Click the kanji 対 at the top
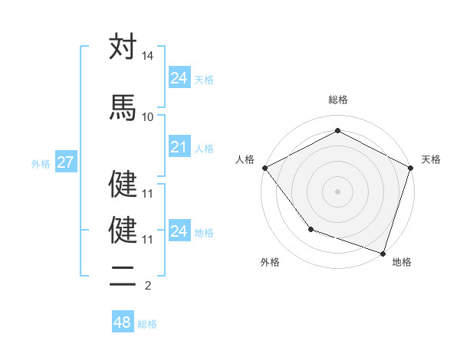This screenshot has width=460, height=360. (123, 47)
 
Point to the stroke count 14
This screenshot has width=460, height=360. (148, 57)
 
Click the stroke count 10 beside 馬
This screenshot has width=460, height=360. (148, 116)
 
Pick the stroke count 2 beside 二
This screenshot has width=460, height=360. (148, 286)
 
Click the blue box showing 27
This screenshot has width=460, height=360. (65, 162)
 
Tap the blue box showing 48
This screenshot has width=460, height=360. (122, 322)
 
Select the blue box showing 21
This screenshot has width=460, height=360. (179, 147)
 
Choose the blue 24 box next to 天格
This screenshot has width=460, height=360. (179, 78)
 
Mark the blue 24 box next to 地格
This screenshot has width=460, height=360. (179, 231)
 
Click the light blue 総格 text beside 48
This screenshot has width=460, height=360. (147, 324)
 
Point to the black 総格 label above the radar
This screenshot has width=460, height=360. (337, 100)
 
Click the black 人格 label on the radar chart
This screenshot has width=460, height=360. (245, 159)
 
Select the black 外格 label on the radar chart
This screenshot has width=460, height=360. (270, 262)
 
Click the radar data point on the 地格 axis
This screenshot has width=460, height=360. (383, 253)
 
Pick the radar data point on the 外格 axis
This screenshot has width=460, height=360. (310, 228)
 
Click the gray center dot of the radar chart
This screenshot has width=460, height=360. (337, 191)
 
